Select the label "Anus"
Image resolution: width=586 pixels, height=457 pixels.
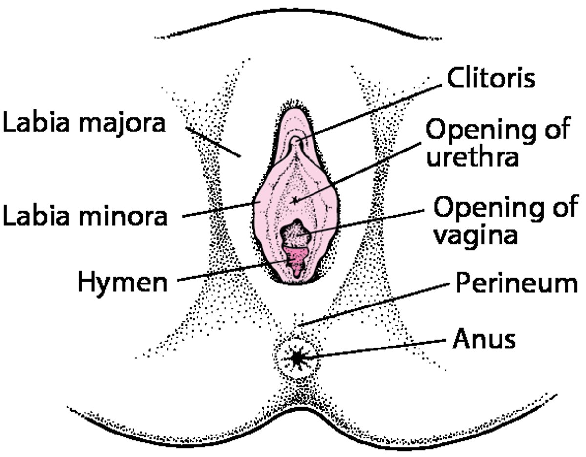pyautogui.click(x=483, y=340)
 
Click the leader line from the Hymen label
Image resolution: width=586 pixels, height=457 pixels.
pyautogui.click(x=230, y=271)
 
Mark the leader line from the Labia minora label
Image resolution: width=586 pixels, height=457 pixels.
pyautogui.click(x=220, y=209)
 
